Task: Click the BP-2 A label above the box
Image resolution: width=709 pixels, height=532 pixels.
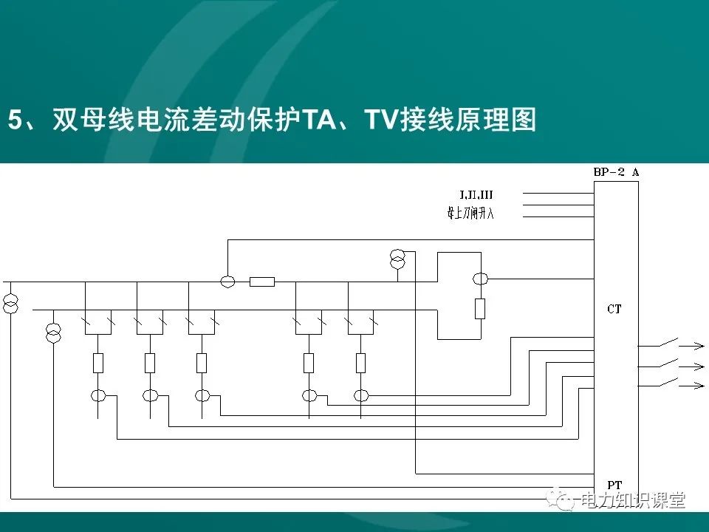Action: point(616,172)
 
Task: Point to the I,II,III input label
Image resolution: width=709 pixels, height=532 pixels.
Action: point(476,195)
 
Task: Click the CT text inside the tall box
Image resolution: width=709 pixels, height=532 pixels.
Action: point(614,310)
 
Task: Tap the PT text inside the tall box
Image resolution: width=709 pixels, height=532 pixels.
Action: point(614,485)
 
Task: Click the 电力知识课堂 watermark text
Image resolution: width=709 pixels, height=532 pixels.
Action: point(634,500)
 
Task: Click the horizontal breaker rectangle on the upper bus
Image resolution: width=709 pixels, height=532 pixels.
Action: point(262,282)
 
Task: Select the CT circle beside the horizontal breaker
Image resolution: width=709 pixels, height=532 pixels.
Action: point(228,282)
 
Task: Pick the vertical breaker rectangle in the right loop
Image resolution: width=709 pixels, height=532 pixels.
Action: point(480,308)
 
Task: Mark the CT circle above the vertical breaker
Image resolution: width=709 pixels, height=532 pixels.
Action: point(480,279)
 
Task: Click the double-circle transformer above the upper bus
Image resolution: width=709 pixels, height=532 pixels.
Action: point(397,259)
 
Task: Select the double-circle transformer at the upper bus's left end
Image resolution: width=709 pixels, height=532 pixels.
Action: point(11,303)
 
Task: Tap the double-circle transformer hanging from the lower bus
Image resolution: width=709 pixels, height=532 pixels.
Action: point(54,333)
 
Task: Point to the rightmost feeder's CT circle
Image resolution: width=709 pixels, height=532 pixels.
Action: point(360,396)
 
